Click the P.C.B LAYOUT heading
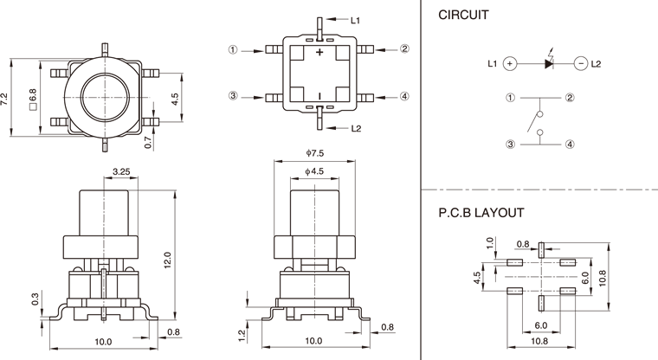(x=481, y=212)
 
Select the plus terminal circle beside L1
(x=511, y=63)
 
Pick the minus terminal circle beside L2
(x=581, y=63)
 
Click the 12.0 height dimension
(x=168, y=260)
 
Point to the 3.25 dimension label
(x=121, y=172)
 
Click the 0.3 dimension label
(x=35, y=298)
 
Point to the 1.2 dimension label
(x=241, y=335)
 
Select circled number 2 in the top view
(x=405, y=49)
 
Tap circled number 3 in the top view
(x=234, y=96)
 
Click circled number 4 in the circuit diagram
(x=570, y=145)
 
